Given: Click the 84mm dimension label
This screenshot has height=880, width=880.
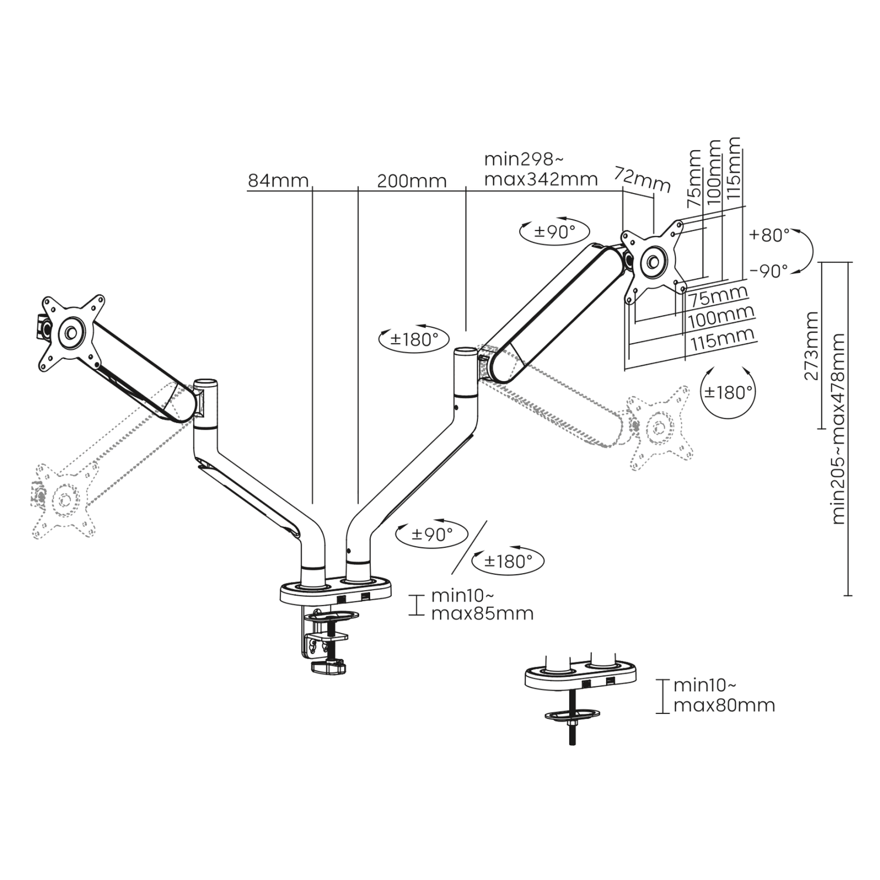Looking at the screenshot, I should click(277, 180).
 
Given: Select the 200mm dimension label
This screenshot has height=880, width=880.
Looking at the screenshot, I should click(411, 180).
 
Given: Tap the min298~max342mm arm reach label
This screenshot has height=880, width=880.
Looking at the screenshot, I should click(540, 169).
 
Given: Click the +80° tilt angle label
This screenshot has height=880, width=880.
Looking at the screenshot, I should click(769, 235).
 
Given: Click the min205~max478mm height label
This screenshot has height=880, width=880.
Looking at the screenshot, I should click(838, 429).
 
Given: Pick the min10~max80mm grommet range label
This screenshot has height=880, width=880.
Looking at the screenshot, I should click(724, 695).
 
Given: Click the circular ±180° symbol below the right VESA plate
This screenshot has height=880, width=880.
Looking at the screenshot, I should click(728, 392).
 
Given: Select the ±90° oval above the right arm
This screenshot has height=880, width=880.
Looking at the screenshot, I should click(554, 231).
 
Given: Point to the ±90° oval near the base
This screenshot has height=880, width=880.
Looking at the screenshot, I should click(432, 534).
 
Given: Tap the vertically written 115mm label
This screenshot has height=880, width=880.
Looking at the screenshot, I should click(733, 169).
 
